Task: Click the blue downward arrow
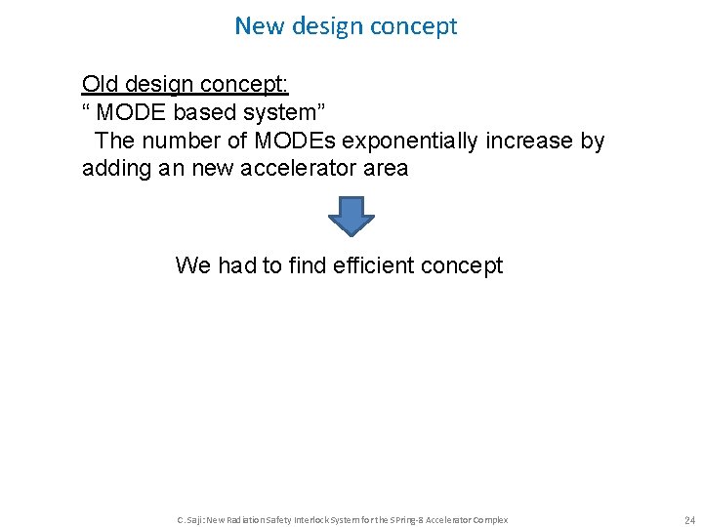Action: tap(351, 215)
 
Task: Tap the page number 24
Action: tap(689, 520)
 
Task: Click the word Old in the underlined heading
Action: tap(101, 84)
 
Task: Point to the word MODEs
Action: tap(292, 141)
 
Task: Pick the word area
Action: tap(385, 168)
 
